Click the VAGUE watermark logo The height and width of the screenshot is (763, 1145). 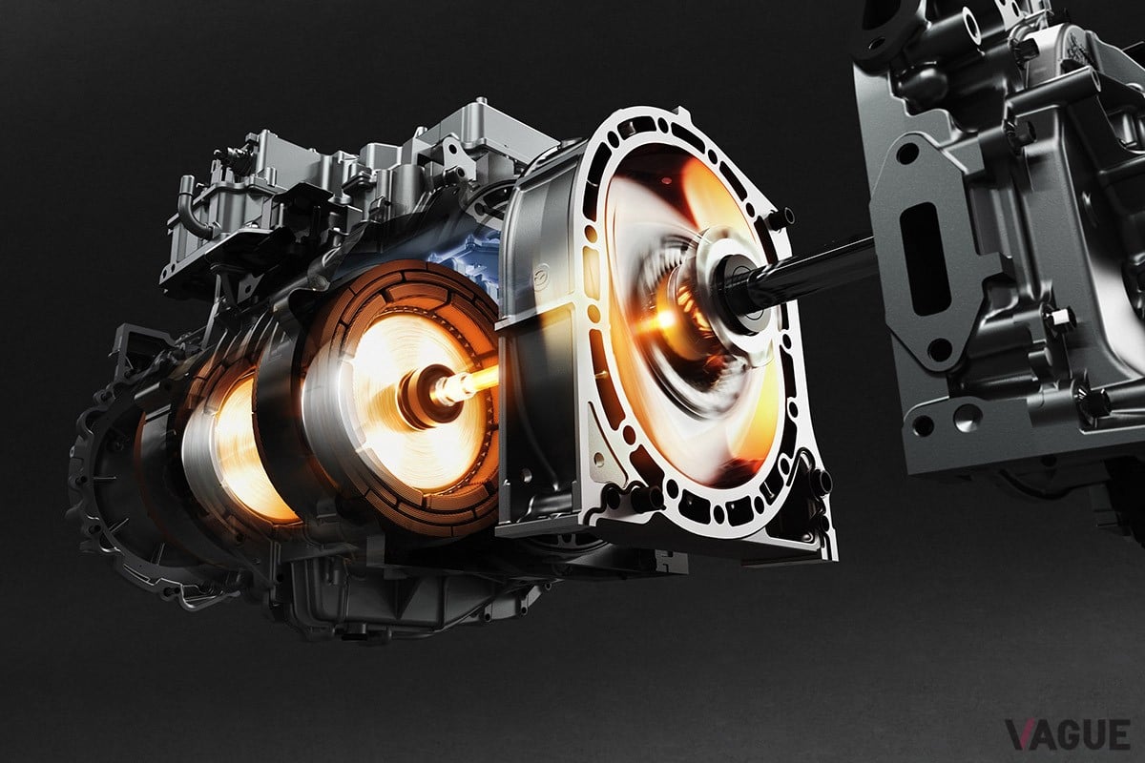click(x=1068, y=734)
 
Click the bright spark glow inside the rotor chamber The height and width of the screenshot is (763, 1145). click(x=664, y=320)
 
